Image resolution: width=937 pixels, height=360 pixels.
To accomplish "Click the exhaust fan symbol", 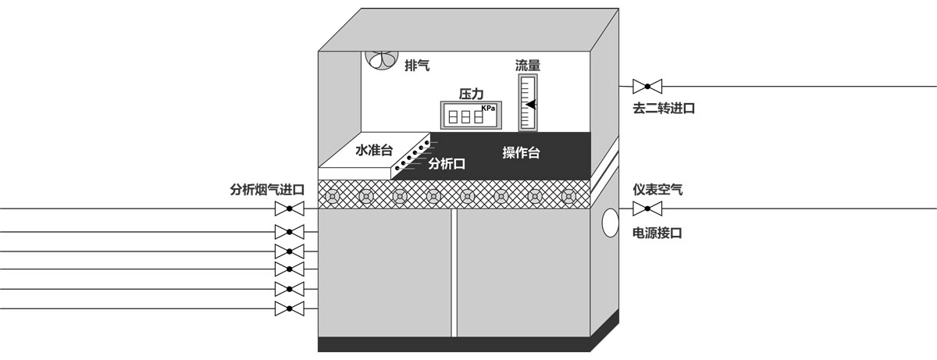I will (x=382, y=61).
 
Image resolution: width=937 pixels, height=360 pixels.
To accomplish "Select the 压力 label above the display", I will (x=471, y=94).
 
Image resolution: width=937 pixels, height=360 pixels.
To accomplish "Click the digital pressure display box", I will (x=469, y=116).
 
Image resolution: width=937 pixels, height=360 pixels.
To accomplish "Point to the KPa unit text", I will (x=488, y=109).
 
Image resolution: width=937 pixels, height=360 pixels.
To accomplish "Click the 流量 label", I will (x=528, y=66).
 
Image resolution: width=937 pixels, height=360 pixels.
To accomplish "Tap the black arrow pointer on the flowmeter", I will (x=530, y=105).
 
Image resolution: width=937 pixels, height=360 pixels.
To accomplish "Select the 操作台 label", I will (x=521, y=152).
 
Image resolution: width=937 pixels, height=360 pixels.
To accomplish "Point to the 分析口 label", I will (x=447, y=164).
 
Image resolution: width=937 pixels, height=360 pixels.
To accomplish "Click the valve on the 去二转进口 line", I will (x=647, y=85).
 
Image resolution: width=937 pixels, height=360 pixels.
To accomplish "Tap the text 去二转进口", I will (x=664, y=109).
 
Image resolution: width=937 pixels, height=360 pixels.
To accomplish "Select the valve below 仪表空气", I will (x=647, y=209).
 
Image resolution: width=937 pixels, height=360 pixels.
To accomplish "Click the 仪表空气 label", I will (x=657, y=189).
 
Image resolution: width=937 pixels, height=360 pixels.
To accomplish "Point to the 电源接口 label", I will (x=657, y=233).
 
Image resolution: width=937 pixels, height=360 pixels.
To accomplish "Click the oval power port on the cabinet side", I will (x=610, y=223).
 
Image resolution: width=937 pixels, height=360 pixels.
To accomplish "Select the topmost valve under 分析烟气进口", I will (x=290, y=209).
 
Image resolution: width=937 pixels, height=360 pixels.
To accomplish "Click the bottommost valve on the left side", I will (x=290, y=308).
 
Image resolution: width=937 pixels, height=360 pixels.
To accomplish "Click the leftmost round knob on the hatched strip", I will (x=333, y=195).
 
